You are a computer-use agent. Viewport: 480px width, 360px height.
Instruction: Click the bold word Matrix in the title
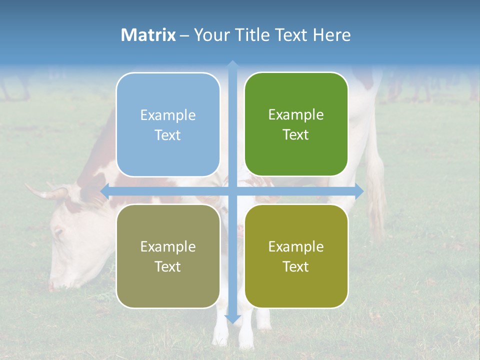pyautogui.click(x=148, y=35)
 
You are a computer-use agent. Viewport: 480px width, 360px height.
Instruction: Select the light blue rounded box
pyautogui.click(x=168, y=124)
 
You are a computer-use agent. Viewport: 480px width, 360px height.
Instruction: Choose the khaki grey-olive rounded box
pyautogui.click(x=168, y=256)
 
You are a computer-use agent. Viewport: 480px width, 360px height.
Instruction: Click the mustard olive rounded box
pyautogui.click(x=296, y=256)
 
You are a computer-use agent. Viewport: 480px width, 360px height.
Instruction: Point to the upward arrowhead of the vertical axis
pyautogui.click(x=232, y=64)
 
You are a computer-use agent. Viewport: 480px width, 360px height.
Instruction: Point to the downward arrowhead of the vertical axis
pyautogui.click(x=232, y=319)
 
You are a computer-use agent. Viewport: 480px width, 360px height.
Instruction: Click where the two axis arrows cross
pyautogui.click(x=232, y=191)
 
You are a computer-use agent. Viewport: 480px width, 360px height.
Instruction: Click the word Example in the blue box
pyautogui.click(x=168, y=115)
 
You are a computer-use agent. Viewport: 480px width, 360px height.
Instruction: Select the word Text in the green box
pyautogui.click(x=296, y=134)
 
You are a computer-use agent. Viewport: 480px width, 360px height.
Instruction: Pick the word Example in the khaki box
pyautogui.click(x=168, y=246)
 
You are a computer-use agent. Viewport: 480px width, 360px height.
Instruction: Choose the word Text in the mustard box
pyautogui.click(x=296, y=266)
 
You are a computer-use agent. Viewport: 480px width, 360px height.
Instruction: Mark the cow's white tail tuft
pyautogui.click(x=377, y=200)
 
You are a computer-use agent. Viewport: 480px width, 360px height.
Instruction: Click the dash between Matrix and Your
pyautogui.click(x=184, y=35)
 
